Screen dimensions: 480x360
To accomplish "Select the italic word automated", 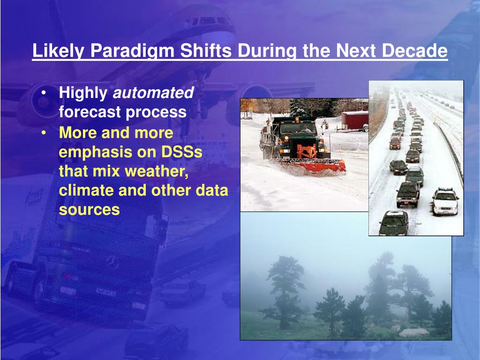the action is point(153,92).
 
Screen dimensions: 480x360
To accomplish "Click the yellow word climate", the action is point(87,190).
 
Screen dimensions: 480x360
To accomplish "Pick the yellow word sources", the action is point(89,210).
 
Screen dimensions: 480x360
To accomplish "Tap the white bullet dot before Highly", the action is point(44,92).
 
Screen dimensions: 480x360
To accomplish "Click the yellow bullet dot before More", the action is point(44,133).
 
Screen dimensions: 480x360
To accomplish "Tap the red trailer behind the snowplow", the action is point(355,121).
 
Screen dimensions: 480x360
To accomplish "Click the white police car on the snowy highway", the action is point(445,202).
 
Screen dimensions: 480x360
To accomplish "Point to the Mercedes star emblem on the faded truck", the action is point(112,262).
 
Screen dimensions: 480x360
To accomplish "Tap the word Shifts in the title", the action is point(205,51).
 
